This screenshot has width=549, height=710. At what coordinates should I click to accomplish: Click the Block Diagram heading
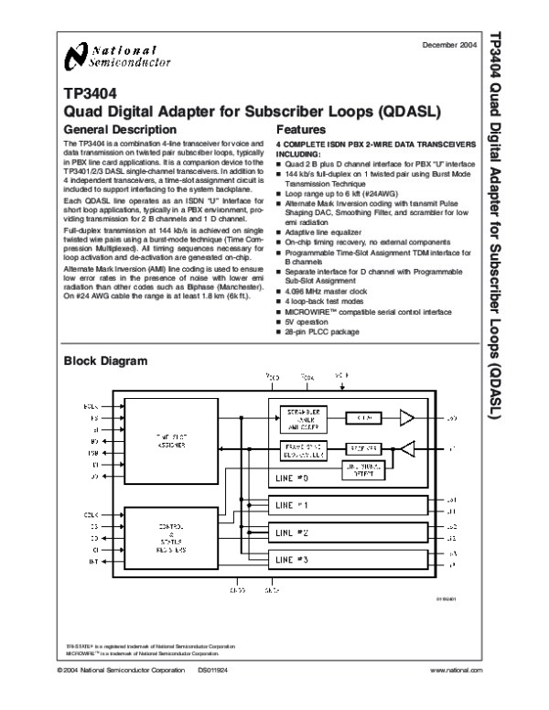click(104, 361)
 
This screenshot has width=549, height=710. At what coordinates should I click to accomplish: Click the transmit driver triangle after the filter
click(406, 418)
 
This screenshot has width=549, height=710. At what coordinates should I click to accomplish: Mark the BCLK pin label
click(91, 405)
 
